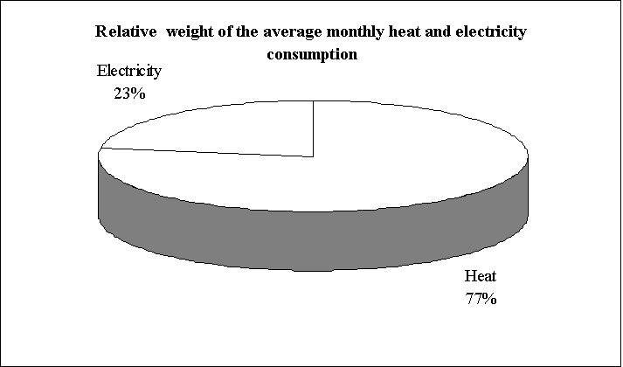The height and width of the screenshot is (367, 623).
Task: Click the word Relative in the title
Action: (123, 32)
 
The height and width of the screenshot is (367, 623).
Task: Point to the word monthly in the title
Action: (329, 32)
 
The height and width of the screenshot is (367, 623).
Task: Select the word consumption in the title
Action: (313, 53)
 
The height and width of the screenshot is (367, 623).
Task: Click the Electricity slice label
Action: (129, 71)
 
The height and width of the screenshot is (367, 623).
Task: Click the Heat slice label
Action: (480, 280)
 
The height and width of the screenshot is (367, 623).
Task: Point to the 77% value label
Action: (480, 300)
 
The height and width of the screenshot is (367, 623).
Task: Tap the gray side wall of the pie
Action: (315, 240)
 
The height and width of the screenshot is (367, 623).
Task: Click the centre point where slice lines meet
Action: (313, 157)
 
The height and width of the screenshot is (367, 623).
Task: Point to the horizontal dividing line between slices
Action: (206, 154)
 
